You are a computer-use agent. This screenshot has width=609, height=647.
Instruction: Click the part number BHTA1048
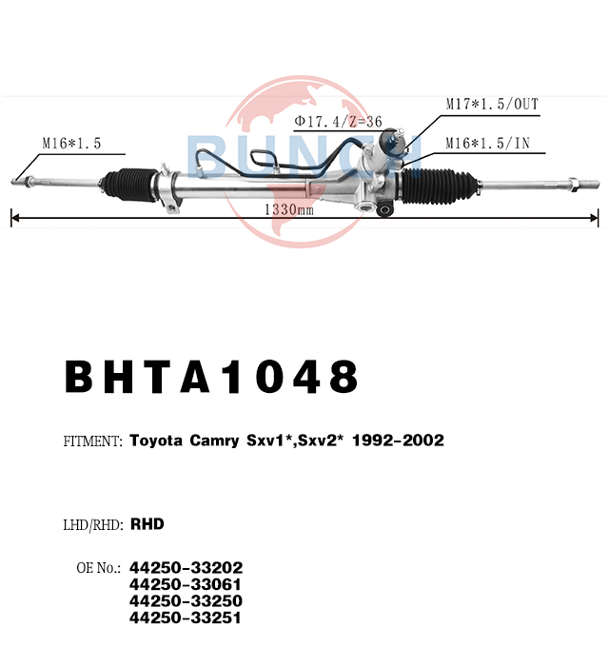coord(211,377)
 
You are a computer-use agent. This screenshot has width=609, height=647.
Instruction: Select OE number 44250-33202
coord(187,568)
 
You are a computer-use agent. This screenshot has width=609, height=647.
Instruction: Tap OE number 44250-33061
coord(186,584)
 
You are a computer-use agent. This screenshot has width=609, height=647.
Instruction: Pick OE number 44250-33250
coord(187,600)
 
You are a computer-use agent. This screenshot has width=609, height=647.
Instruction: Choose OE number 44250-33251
coord(186,618)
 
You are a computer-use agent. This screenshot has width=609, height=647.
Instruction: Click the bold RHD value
coord(147,524)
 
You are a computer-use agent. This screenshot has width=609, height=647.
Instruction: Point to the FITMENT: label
coord(93,441)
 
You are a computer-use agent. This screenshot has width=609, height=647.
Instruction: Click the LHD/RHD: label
coord(93,525)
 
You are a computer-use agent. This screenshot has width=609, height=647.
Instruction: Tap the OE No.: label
coord(99,568)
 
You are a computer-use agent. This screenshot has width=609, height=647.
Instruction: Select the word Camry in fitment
coord(214,441)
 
